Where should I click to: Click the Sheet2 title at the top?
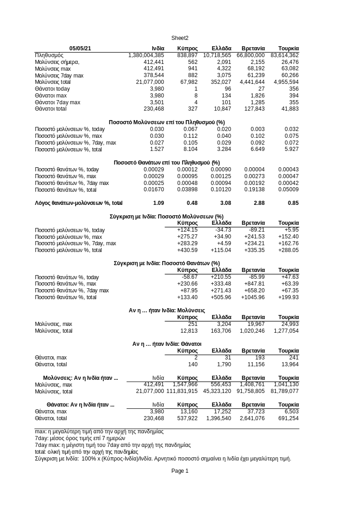tap(180, 38)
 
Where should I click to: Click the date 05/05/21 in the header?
tap(80, 48)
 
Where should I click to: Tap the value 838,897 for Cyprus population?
tap(188, 55)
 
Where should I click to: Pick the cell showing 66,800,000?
tap(250, 55)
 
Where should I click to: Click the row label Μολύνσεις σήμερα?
tap(57, 62)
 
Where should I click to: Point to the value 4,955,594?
tap(286, 82)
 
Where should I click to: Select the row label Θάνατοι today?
tap(52, 89)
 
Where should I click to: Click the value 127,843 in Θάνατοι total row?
tap(255, 109)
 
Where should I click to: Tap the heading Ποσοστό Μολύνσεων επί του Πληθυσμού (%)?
tap(167, 122)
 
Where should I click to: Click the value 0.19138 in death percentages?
tap(254, 190)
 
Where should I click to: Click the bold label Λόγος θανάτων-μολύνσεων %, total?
tap(78, 203)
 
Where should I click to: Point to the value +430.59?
tap(187, 250)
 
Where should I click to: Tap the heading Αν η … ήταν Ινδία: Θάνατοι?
tap(167, 344)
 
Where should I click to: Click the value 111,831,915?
tap(182, 391)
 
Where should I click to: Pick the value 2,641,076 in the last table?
tap(250, 418)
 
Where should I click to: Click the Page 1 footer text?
tap(180, 471)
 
